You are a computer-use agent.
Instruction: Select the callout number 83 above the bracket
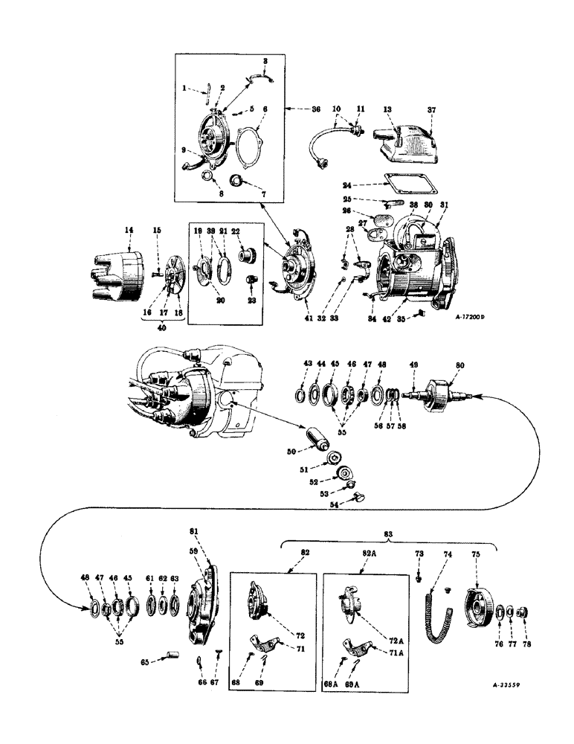(389, 534)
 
